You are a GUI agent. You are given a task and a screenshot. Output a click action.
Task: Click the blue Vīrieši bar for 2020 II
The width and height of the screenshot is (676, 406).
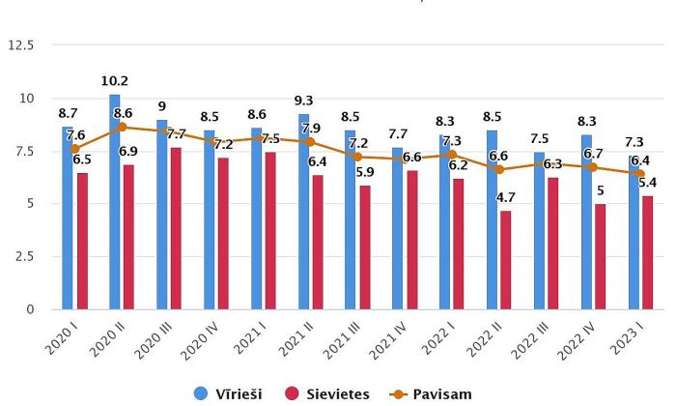[115, 202]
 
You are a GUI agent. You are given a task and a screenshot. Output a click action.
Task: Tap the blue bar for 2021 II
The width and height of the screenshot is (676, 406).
[303, 212]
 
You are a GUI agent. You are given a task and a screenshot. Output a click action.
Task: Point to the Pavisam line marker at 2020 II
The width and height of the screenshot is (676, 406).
[122, 127]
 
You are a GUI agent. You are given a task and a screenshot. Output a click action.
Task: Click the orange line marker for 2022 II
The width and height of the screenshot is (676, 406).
[498, 169]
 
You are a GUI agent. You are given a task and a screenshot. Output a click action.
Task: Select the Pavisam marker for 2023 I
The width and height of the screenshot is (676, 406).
[640, 174]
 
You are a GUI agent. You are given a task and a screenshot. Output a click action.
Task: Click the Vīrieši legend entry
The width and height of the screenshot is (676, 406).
[232, 393]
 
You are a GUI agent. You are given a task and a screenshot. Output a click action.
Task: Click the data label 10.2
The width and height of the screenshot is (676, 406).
[115, 81]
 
